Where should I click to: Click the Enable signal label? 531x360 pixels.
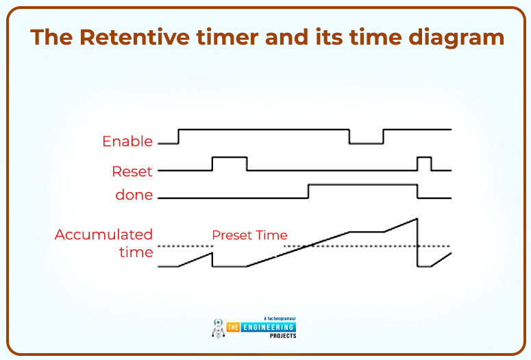[x=127, y=141]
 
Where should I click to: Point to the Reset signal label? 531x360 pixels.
[x=132, y=170]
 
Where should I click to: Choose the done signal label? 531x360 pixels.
[x=134, y=195]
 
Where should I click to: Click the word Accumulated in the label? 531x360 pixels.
[x=103, y=235]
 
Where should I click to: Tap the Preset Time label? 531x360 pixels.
[x=249, y=235]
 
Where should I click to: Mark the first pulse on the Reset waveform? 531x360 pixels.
[x=230, y=158]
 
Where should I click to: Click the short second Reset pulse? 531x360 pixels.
[x=425, y=158]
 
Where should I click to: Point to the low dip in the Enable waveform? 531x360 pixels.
[x=367, y=143]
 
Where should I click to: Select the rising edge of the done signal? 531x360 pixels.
[x=308, y=191]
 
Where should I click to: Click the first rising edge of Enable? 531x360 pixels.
[x=178, y=136]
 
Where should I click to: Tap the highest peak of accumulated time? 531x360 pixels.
[x=417, y=219]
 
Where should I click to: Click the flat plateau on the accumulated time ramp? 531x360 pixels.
[x=367, y=232]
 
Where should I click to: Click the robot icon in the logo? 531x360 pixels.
[x=219, y=327]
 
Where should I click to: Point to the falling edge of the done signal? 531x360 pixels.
[x=417, y=191]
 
